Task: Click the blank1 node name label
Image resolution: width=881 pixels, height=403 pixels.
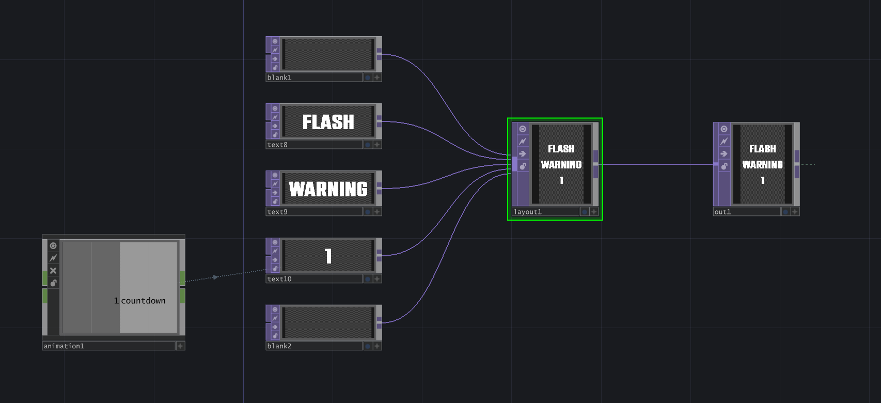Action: pos(279,78)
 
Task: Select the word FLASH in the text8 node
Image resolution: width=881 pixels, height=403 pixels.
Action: pos(328,122)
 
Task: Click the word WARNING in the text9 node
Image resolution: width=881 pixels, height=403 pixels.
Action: pos(328,189)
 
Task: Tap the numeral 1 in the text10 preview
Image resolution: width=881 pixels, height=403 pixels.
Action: pos(328,256)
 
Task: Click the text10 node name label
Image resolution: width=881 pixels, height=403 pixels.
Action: pos(279,279)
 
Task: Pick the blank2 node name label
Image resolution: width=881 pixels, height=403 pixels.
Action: pos(279,346)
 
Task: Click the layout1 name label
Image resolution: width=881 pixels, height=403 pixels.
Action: pos(527,212)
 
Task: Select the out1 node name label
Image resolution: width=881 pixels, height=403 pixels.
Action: pos(722,212)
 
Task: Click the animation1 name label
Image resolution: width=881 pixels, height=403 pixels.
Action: pos(64,346)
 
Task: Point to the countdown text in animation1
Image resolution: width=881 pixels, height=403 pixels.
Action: pos(143,301)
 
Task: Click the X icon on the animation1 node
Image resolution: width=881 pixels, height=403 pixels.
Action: pos(53,270)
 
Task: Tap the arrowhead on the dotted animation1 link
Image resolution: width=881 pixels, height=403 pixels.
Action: pos(216,277)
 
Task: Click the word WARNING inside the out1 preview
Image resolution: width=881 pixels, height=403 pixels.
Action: pos(762,165)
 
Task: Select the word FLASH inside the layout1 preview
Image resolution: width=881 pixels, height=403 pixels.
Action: pos(561,149)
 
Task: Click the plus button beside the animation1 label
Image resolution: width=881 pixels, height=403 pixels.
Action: pos(180,346)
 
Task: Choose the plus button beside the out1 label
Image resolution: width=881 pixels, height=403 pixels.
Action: pos(795,212)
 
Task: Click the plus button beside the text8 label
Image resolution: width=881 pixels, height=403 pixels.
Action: pos(377,145)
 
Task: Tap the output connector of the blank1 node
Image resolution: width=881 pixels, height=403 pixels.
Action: pos(379,54)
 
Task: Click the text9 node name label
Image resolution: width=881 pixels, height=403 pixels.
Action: pos(277,212)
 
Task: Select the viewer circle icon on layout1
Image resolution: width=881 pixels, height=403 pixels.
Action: pos(523,129)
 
